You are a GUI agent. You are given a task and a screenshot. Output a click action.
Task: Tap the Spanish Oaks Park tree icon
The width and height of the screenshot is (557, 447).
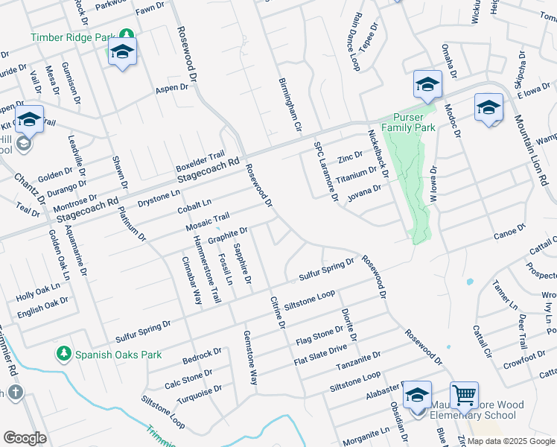click(x=65, y=354)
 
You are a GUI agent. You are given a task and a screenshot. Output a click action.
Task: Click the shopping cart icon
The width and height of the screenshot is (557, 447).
click(x=463, y=395)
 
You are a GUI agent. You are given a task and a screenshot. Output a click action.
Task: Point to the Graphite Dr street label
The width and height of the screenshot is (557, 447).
click(x=227, y=235)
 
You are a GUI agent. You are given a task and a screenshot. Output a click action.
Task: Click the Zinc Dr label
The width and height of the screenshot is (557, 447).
click(x=349, y=157)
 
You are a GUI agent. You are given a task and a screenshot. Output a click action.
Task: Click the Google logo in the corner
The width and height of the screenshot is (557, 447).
click(x=25, y=437)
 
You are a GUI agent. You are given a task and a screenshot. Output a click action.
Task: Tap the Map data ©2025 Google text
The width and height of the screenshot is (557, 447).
click(x=511, y=441)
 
